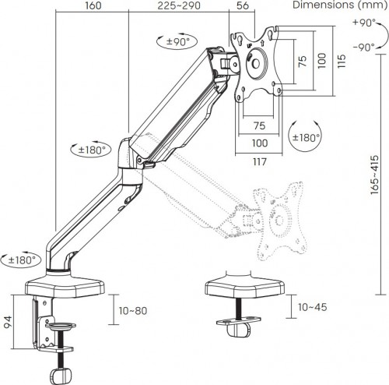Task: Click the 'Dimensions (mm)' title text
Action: click(340, 5)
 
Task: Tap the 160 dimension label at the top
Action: click(93, 5)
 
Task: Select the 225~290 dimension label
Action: click(179, 5)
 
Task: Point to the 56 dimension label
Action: click(243, 5)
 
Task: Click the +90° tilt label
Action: click(364, 23)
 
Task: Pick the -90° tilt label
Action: click(364, 48)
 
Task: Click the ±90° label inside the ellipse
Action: click(177, 41)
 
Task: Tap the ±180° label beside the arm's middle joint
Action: click(92, 150)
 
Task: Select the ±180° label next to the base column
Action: click(22, 260)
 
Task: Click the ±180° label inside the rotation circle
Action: click(306, 137)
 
